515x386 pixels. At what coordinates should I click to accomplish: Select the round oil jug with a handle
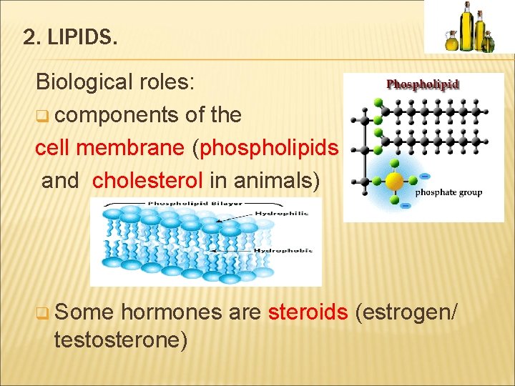(x=451, y=41)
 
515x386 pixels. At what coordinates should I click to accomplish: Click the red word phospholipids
(x=270, y=147)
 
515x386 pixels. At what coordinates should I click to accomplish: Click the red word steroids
(x=308, y=312)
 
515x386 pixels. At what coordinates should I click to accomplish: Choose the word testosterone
(x=121, y=340)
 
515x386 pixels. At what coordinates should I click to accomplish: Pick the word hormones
(x=165, y=312)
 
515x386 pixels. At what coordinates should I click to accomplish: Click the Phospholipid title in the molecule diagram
(x=423, y=84)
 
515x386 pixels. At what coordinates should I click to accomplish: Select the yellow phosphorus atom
(x=395, y=179)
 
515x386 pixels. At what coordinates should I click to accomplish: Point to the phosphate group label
(x=448, y=192)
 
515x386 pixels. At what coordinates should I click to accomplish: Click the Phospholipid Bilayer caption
(x=185, y=204)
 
